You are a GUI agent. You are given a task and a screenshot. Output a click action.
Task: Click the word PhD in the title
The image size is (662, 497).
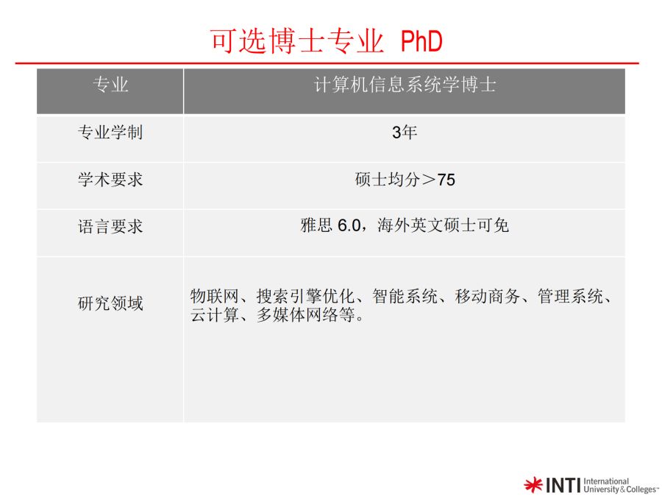[421, 41]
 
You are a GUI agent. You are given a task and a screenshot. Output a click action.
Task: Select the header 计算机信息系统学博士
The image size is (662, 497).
[405, 85]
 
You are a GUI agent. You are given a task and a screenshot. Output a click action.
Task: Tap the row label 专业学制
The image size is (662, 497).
[110, 133]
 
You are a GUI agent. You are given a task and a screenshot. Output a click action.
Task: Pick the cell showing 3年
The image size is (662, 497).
[405, 133]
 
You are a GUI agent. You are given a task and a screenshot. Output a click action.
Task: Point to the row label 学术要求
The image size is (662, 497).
[110, 180]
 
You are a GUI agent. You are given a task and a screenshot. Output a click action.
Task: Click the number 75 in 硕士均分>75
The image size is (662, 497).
[446, 180]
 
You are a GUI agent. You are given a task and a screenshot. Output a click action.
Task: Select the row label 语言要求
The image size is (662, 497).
[110, 227]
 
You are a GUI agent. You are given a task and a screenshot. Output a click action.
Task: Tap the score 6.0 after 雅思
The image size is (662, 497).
[349, 226]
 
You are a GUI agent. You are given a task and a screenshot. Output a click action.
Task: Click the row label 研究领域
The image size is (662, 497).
[110, 303]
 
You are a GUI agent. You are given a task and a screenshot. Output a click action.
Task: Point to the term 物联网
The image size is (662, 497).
[215, 296]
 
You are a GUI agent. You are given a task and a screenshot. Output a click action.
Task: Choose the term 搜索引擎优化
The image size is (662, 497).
[305, 296]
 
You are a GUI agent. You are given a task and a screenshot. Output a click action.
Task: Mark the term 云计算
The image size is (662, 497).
[215, 315]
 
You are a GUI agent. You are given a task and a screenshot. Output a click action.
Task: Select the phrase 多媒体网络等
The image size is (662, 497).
[305, 315]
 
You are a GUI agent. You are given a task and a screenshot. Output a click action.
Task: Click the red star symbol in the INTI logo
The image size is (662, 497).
[533, 484]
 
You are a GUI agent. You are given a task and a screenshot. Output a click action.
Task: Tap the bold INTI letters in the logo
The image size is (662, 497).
[563, 485]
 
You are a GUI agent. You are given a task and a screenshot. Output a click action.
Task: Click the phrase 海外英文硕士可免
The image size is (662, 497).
[443, 225]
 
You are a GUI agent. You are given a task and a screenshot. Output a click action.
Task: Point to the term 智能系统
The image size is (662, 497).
[405, 296]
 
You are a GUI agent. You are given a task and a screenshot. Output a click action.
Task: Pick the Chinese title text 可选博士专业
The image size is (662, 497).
[297, 41]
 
